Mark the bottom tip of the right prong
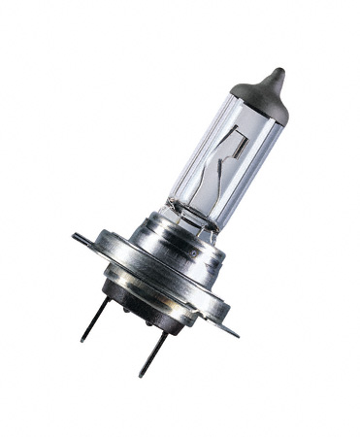click(x=140, y=375)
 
